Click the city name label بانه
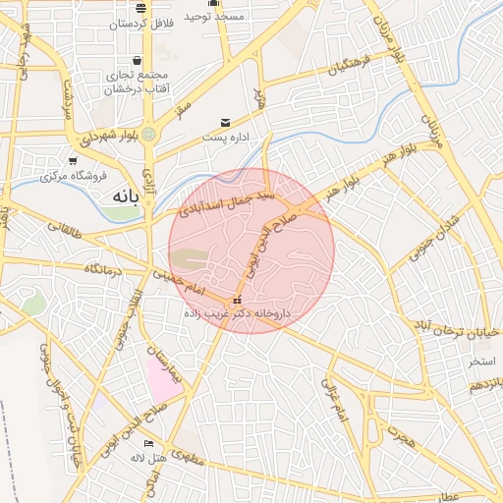pyautogui.click(x=121, y=195)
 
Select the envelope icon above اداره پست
pyautogui.click(x=227, y=123)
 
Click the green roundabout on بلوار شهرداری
pyautogui.click(x=148, y=133)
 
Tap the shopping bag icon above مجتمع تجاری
pyautogui.click(x=148, y=61)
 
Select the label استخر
pyautogui.click(x=480, y=362)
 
